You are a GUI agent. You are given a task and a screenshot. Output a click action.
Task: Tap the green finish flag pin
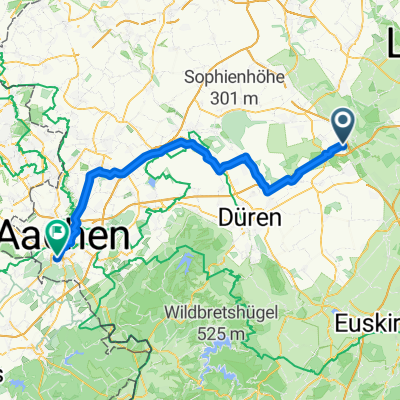[60, 235]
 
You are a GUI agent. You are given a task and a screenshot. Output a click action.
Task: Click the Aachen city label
[65, 235]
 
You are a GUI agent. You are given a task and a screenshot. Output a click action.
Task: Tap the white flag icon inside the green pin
[60, 233]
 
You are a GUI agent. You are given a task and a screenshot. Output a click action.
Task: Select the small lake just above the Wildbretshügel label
[187, 264]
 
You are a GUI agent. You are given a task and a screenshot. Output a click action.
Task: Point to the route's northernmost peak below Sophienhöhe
[185, 142]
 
